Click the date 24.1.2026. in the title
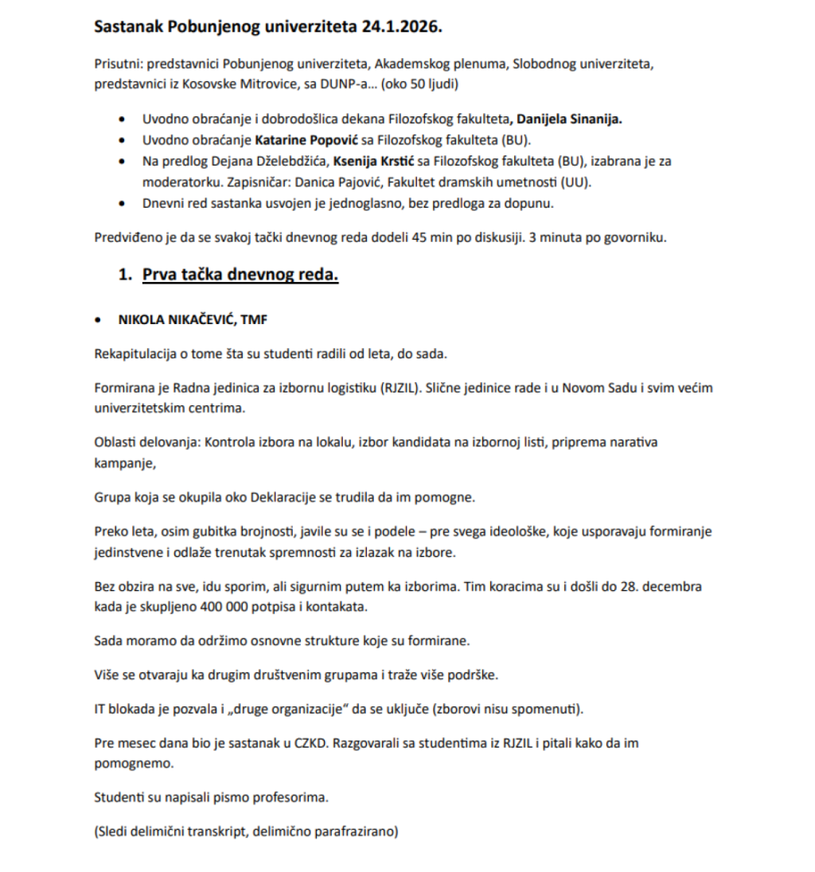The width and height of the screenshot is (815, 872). tap(402, 26)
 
